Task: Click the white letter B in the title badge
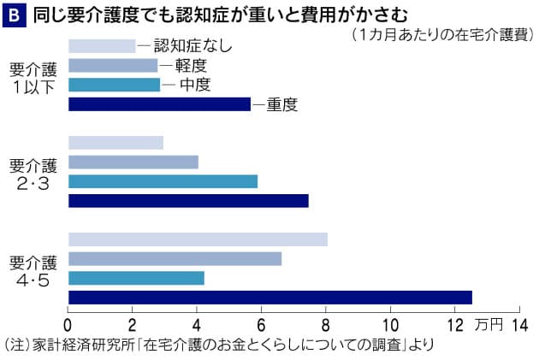[x=14, y=15]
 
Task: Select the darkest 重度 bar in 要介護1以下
[x=159, y=104]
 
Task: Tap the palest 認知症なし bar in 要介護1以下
[x=102, y=46]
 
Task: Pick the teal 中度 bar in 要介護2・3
[x=163, y=181]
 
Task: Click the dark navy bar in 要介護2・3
[x=188, y=201]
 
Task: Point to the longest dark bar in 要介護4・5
[x=269, y=297]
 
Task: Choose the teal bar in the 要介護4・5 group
[x=136, y=278]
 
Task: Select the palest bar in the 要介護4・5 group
[x=198, y=239]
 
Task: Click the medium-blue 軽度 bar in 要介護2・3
[x=133, y=162]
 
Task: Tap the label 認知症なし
[x=192, y=46]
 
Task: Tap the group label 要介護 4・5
[x=33, y=268]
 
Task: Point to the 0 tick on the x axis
[x=68, y=324]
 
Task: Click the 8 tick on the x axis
[x=326, y=324]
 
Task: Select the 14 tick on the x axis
[x=519, y=324]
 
